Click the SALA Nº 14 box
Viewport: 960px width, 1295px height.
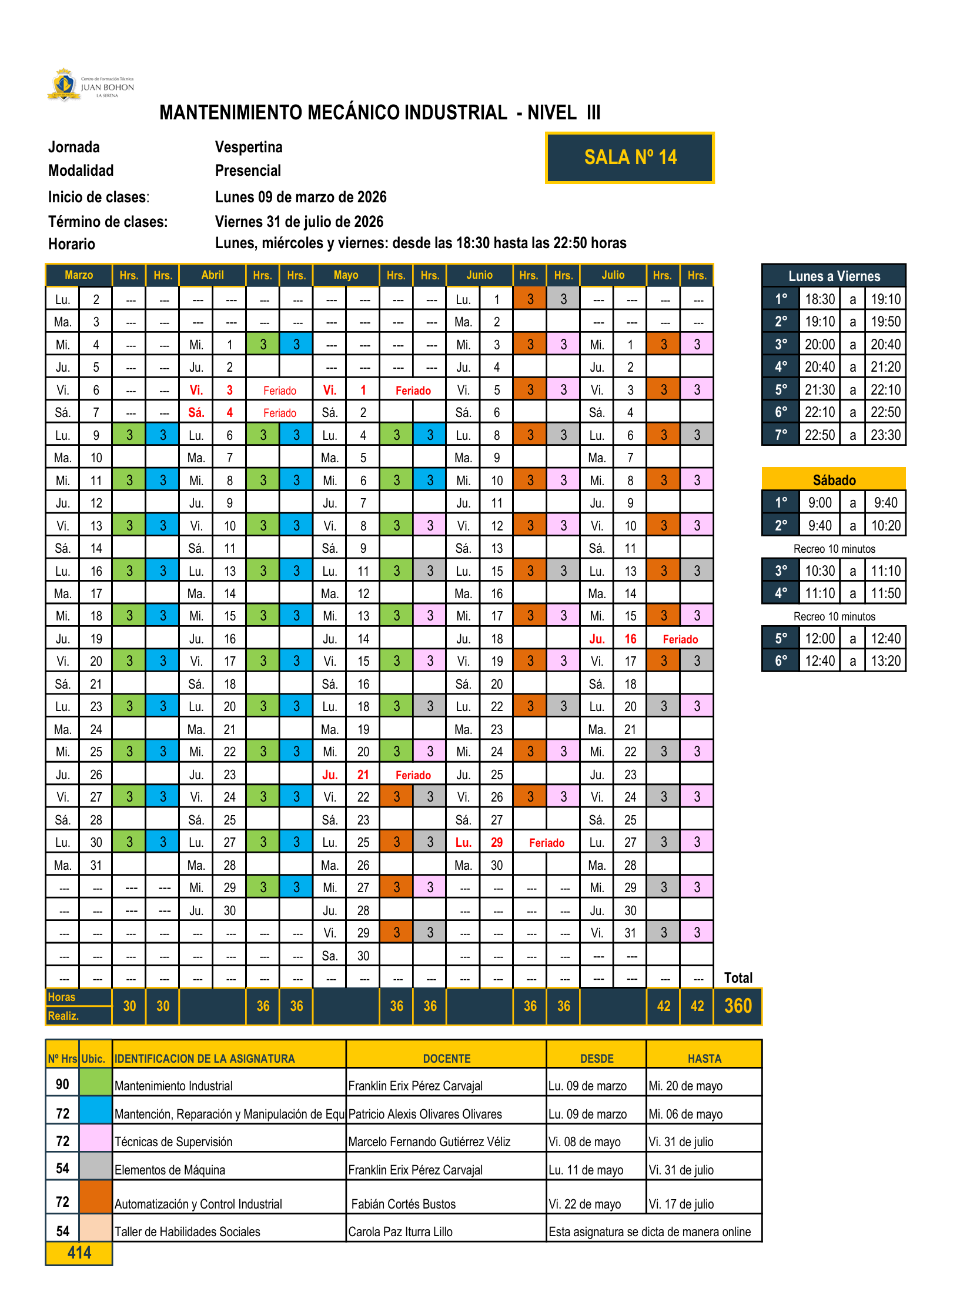(x=630, y=158)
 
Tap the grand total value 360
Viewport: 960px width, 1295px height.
(x=738, y=1006)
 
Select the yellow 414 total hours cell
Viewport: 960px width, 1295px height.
(x=79, y=1253)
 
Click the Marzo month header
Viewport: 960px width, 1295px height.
(x=79, y=275)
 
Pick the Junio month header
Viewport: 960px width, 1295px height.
(x=479, y=275)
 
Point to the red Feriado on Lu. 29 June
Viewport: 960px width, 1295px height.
(x=546, y=843)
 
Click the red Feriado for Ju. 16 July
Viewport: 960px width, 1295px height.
(x=680, y=639)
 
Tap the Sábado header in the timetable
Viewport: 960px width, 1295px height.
(x=834, y=480)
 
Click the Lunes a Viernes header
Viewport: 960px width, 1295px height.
(x=834, y=276)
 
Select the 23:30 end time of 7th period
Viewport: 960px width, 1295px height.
(x=885, y=435)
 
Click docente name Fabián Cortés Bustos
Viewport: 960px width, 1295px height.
(x=403, y=1204)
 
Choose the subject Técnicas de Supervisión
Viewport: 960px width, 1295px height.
(x=173, y=1142)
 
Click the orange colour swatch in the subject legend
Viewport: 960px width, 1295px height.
(x=95, y=1197)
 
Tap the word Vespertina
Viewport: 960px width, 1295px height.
(x=249, y=147)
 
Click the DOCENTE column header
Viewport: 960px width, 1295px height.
(x=446, y=1059)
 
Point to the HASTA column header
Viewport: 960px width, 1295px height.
(x=704, y=1059)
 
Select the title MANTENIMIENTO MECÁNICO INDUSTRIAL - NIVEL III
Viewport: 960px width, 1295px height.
(x=380, y=113)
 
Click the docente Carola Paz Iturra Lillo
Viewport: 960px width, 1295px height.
(x=400, y=1231)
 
